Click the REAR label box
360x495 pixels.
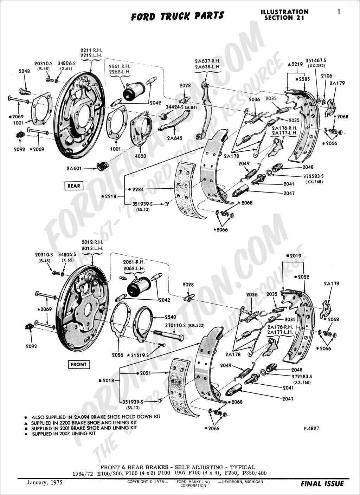coord(73,185)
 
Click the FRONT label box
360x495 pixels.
coord(78,364)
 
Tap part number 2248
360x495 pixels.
coord(24,71)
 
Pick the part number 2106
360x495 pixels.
coord(326,76)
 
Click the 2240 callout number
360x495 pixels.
coord(171,317)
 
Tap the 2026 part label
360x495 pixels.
coord(117,355)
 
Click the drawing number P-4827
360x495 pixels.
coord(311,428)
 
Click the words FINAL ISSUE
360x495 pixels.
coord(322,484)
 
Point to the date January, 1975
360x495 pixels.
coord(45,482)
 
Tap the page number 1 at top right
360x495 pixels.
coord(339,12)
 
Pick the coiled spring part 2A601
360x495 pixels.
coord(102,165)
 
